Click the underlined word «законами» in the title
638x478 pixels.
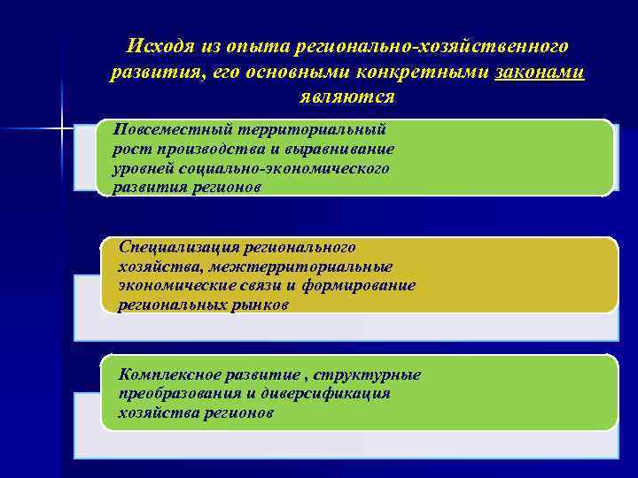(x=540, y=72)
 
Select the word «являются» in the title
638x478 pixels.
(x=346, y=96)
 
